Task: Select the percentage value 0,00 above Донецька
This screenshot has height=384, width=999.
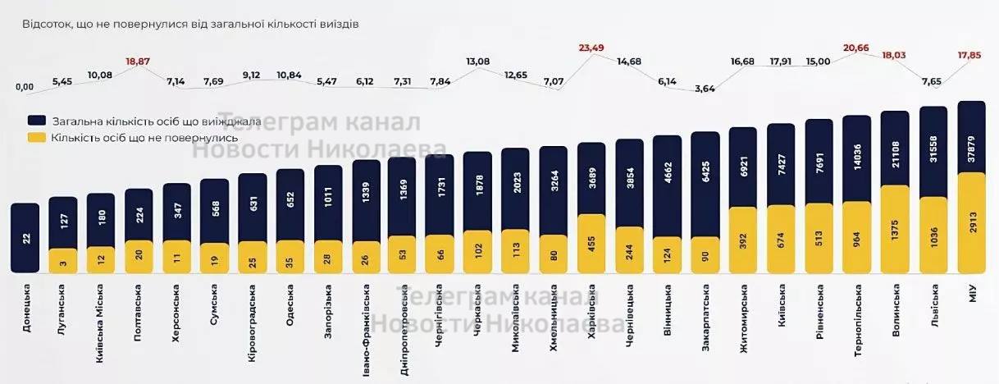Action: click(x=25, y=87)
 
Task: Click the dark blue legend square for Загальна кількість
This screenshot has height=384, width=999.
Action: click(x=35, y=121)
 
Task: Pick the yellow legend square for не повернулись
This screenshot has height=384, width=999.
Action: click(x=35, y=137)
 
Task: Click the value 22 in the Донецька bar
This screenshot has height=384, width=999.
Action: click(x=25, y=238)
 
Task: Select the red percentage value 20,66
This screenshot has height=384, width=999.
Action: click(x=857, y=48)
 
